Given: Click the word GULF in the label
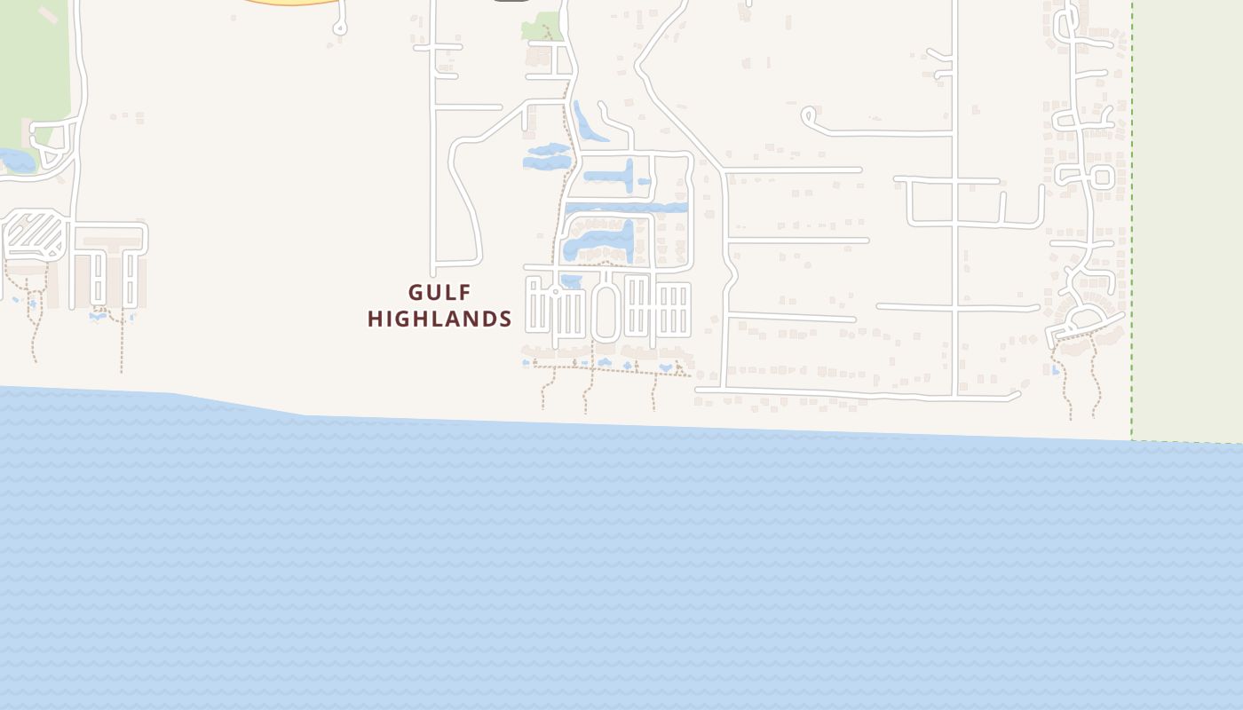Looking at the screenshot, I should pyautogui.click(x=439, y=292).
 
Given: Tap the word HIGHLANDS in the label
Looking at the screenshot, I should pyautogui.click(x=439, y=319).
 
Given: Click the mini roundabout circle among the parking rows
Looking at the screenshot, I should pyautogui.click(x=556, y=292).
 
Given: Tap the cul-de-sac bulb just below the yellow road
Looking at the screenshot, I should pyautogui.click(x=339, y=29).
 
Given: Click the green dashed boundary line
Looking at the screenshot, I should pyautogui.click(x=1132, y=222).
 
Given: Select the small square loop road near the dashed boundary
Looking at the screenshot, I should pyautogui.click(x=1103, y=177).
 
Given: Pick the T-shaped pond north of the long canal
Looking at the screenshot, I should pyautogui.click(x=621, y=175).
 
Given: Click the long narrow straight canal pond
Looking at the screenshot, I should pyautogui.click(x=627, y=208).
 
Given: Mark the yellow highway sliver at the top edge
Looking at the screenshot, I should pyautogui.click(x=293, y=3).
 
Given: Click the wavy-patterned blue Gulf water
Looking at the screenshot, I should pyautogui.click(x=621, y=568).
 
